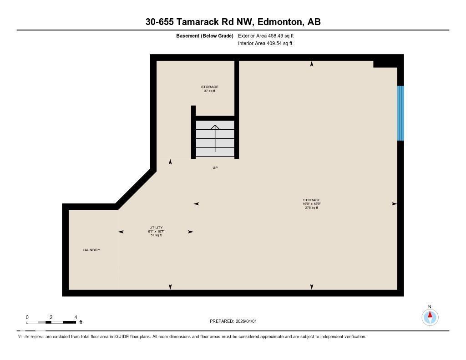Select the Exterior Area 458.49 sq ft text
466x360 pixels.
[x=269, y=35]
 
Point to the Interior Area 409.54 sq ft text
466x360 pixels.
[x=265, y=44]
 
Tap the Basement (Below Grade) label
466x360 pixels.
[x=205, y=35]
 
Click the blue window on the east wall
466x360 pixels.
[x=400, y=113]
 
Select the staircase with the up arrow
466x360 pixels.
[x=215, y=138]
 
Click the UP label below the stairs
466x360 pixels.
[x=215, y=168]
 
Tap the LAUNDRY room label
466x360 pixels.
[x=91, y=250]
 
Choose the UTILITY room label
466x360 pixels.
[x=156, y=228]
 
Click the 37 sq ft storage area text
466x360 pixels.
[x=210, y=91]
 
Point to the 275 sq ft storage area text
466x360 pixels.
[x=312, y=208]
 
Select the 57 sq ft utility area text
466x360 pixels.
[x=156, y=235]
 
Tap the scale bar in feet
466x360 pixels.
[x=51, y=322]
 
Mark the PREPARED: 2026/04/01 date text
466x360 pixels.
[x=233, y=321]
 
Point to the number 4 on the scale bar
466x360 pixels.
[x=76, y=317]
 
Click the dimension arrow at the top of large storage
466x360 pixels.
[x=312, y=64]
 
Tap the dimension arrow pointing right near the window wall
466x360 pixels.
[x=394, y=204]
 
